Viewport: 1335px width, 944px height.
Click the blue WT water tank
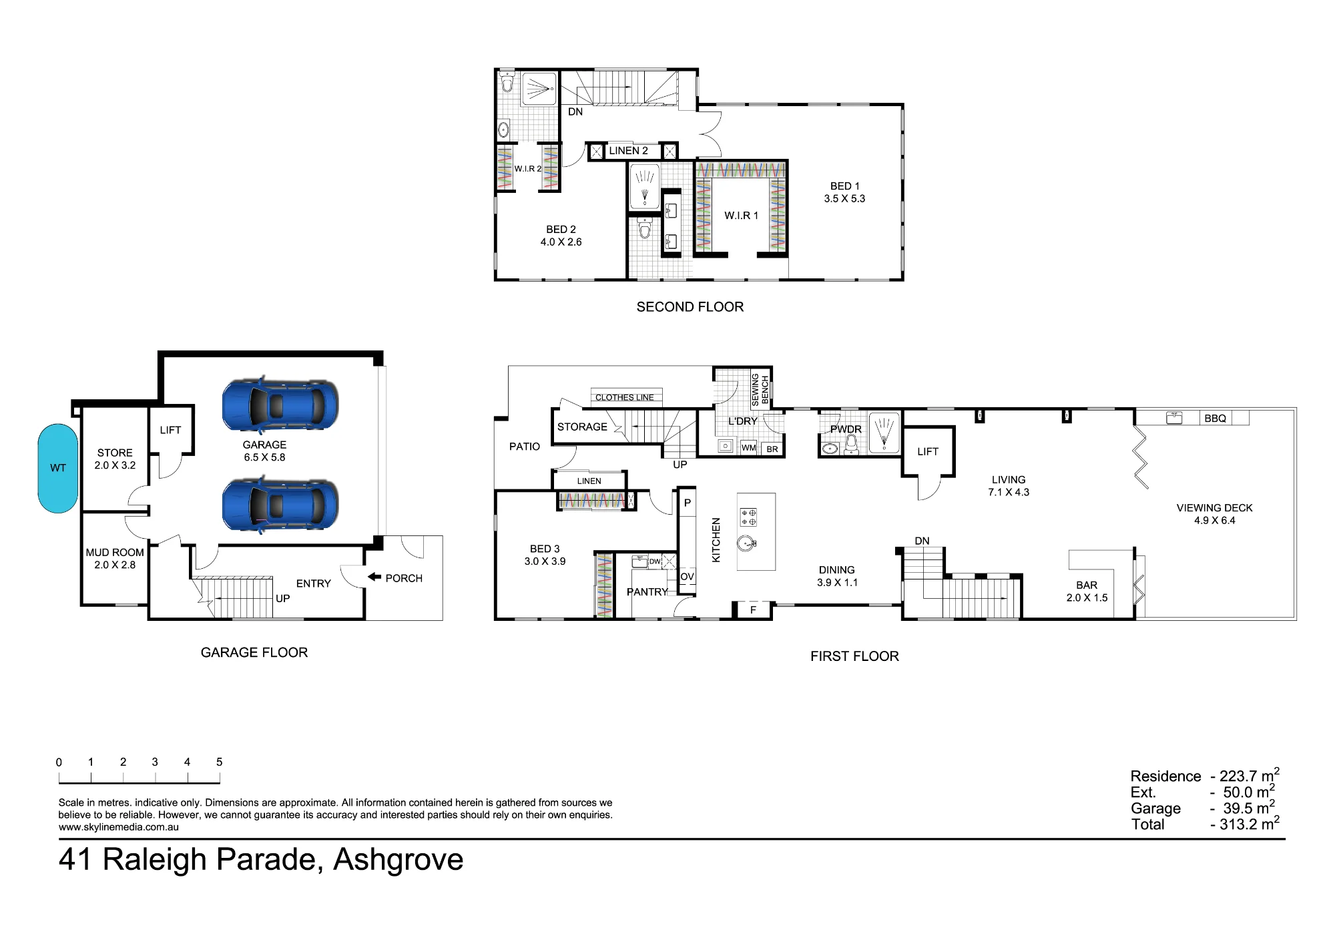pos(58,468)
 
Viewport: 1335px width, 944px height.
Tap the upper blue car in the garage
pos(280,405)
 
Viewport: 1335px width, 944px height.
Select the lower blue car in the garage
pos(280,505)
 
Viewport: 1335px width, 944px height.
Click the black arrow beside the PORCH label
pos(374,577)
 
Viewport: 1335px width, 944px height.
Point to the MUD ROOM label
pos(115,552)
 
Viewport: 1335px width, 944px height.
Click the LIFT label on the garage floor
pos(170,430)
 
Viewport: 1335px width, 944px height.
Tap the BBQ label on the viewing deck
pos(1215,419)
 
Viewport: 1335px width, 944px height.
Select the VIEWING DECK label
pos(1214,507)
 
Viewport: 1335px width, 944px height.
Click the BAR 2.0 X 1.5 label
pos(1087,592)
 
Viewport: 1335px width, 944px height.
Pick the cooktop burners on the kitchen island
pos(748,517)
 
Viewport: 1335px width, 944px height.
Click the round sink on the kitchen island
pos(747,543)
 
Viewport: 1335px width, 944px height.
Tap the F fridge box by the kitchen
pos(753,610)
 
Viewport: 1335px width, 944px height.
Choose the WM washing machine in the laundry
pos(748,447)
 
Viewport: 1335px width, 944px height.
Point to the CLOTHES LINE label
pos(625,397)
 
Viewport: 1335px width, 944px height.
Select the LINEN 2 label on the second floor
pos(628,151)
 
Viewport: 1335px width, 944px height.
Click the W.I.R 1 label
pos(741,216)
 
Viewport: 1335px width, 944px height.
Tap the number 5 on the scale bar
pos(219,762)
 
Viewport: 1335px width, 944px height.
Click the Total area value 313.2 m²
pos(1246,824)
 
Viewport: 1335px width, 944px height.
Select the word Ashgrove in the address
pos(398,860)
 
